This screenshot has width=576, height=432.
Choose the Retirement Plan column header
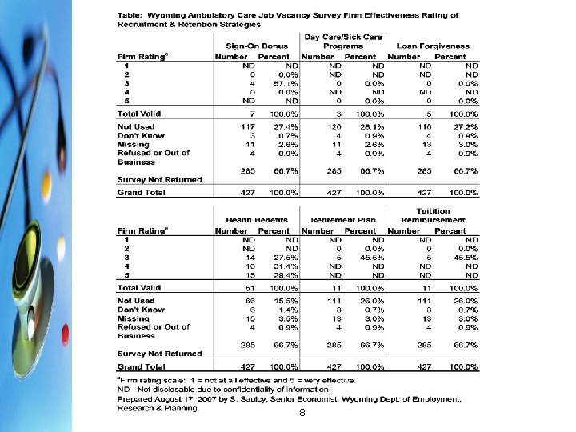pyautogui.click(x=343, y=220)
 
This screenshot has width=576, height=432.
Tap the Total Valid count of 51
pyautogui.click(x=249, y=286)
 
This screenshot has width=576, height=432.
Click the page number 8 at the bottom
pyautogui.click(x=301, y=414)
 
